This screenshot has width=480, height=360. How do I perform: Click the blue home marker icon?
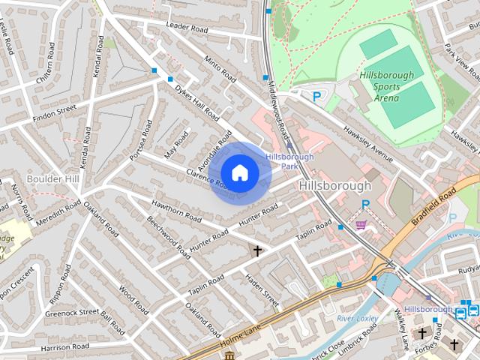(239, 172)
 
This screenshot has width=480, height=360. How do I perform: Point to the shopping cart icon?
(361, 224)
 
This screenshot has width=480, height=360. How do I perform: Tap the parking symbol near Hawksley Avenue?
(317, 96)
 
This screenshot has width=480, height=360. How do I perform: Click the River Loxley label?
(357, 319)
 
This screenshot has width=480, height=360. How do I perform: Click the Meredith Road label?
(57, 209)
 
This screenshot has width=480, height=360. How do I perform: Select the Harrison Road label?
(65, 346)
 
